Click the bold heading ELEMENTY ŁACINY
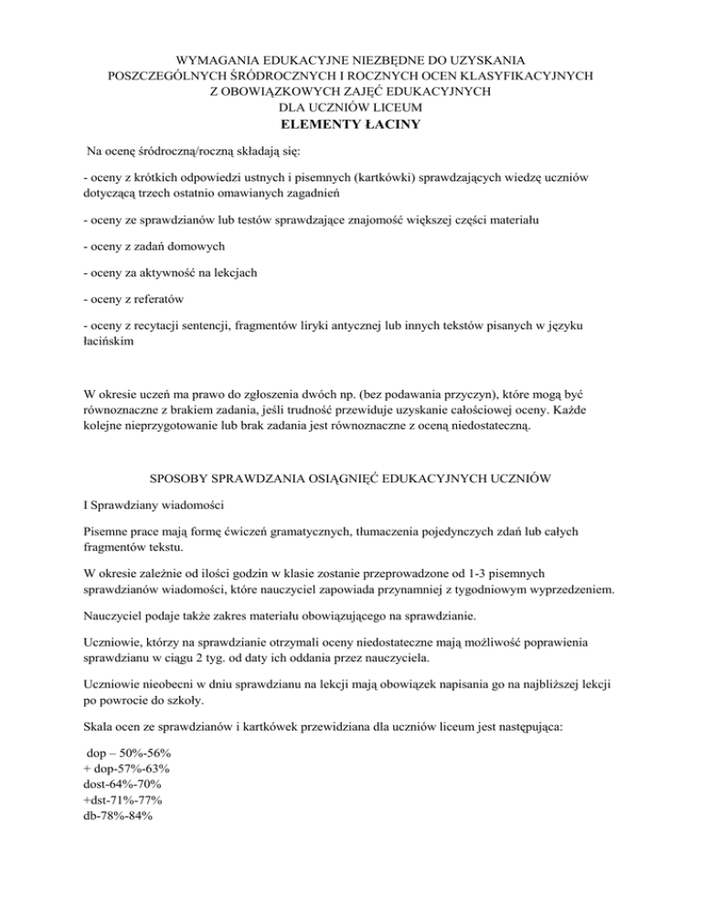pyautogui.click(x=350, y=124)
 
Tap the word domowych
pyautogui.click(x=193, y=248)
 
